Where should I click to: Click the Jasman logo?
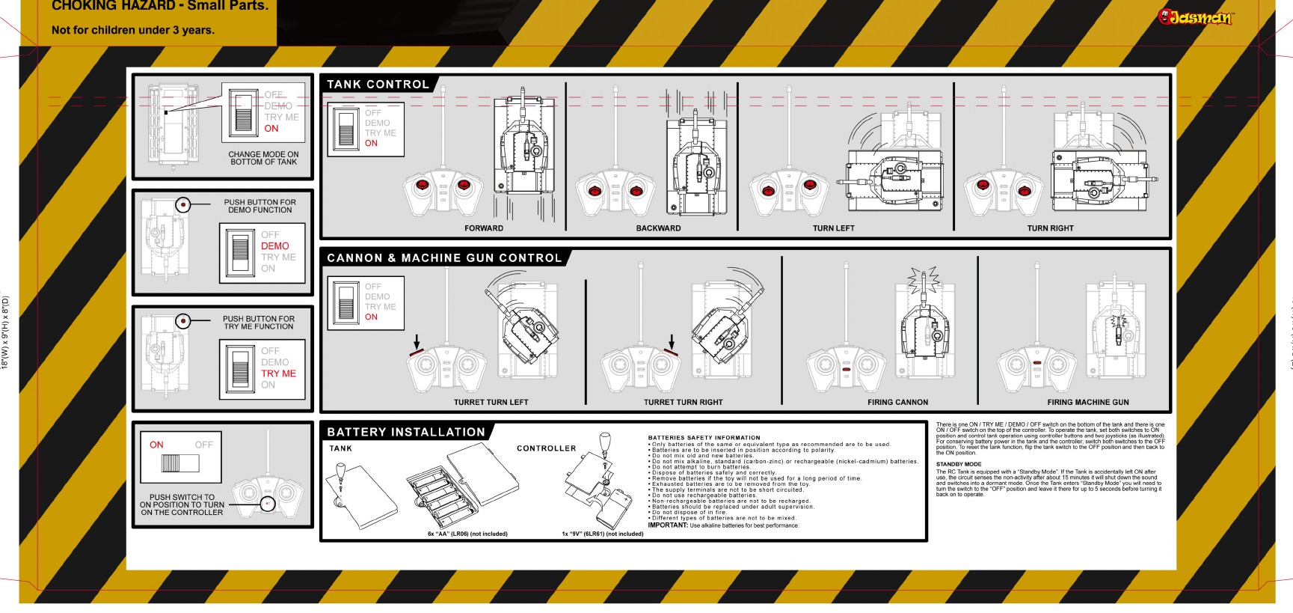click(x=1194, y=17)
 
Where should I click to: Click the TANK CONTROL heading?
click(x=378, y=85)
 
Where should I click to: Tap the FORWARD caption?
click(x=484, y=228)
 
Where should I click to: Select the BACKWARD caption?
click(x=658, y=228)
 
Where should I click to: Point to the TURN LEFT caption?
click(x=833, y=228)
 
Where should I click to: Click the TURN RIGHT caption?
click(x=1050, y=228)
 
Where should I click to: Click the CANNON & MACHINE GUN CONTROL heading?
click(x=444, y=258)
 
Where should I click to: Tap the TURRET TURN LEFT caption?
click(x=491, y=402)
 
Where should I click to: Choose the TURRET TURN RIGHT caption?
click(x=683, y=402)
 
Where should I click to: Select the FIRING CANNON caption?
click(x=897, y=402)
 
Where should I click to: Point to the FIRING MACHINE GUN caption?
click(x=1087, y=402)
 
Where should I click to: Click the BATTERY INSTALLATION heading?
click(x=406, y=432)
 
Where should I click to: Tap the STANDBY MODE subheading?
click(x=959, y=464)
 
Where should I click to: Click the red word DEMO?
click(x=274, y=246)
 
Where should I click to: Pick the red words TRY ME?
click(x=278, y=373)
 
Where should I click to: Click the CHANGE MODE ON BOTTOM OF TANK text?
click(x=263, y=158)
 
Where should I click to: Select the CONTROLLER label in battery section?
click(x=546, y=448)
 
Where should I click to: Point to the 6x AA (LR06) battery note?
click(x=467, y=534)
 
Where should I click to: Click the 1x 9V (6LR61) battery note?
click(x=602, y=534)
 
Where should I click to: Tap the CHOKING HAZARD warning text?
click(x=159, y=6)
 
